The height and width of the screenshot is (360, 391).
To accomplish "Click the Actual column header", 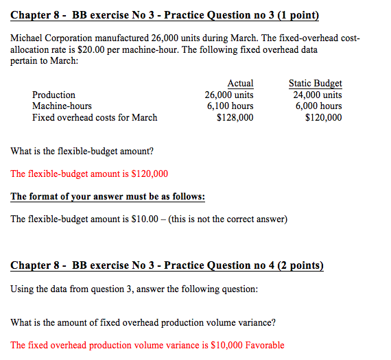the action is tap(240, 83).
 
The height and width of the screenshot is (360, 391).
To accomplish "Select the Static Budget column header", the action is tap(316, 83).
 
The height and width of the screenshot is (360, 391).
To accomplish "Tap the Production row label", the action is tap(54, 95).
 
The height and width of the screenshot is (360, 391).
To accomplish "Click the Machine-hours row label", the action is tap(62, 106).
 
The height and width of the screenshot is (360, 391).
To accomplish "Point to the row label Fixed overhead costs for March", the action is tap(95, 117).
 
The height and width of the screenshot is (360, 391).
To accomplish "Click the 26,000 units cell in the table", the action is tap(229, 95).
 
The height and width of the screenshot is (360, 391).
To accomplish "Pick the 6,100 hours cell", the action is tap(230, 106).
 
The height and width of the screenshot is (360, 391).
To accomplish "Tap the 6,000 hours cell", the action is tap(318, 106).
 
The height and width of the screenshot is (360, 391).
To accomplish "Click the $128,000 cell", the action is tap(235, 117).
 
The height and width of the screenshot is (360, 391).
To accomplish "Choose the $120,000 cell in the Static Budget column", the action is tap(323, 117).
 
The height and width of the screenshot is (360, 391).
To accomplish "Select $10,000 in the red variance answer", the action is tap(222, 345).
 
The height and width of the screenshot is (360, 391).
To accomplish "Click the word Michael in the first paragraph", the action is tap(28, 39).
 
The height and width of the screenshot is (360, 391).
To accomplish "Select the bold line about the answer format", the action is tap(108, 197).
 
